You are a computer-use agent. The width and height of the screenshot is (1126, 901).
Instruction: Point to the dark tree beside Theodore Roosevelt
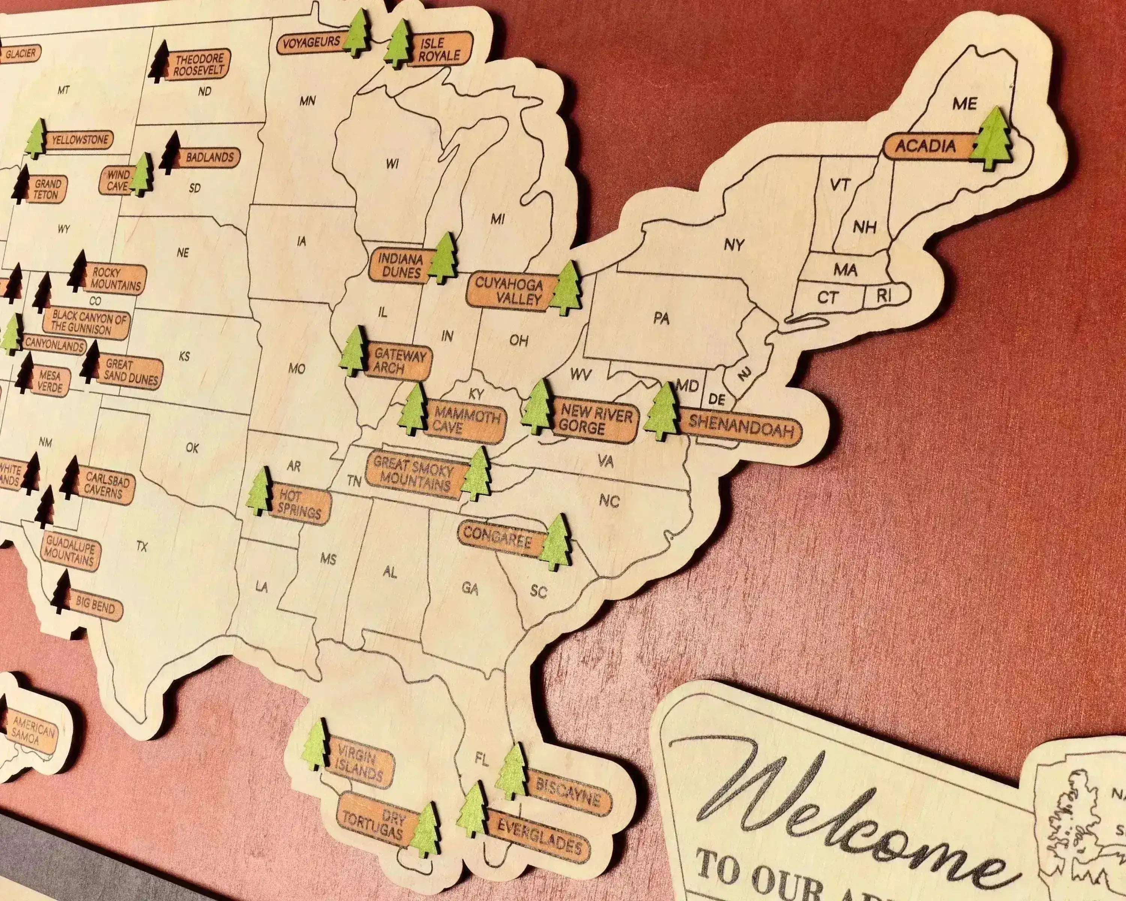[x=160, y=63]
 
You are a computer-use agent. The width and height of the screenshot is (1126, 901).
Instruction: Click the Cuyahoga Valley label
[x=509, y=292]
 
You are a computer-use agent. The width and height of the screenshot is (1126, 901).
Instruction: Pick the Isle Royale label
[x=440, y=50]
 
